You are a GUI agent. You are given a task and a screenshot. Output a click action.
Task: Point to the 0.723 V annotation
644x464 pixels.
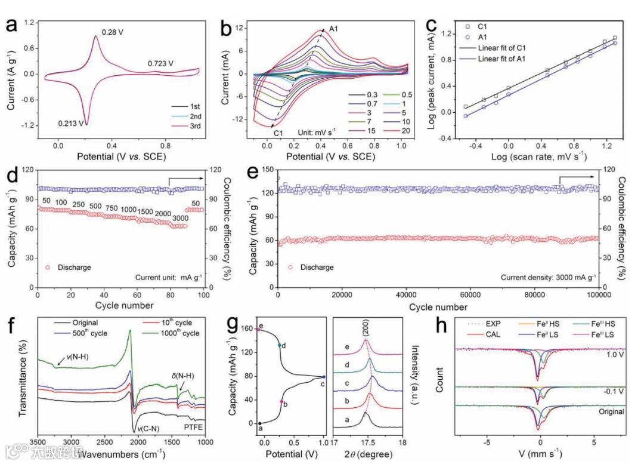click(160, 63)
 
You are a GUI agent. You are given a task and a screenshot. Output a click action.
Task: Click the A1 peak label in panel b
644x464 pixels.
click(333, 29)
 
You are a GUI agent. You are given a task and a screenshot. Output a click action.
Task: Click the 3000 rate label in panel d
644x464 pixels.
click(179, 219)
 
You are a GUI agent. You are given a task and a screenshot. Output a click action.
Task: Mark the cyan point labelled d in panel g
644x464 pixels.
click(279, 345)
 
